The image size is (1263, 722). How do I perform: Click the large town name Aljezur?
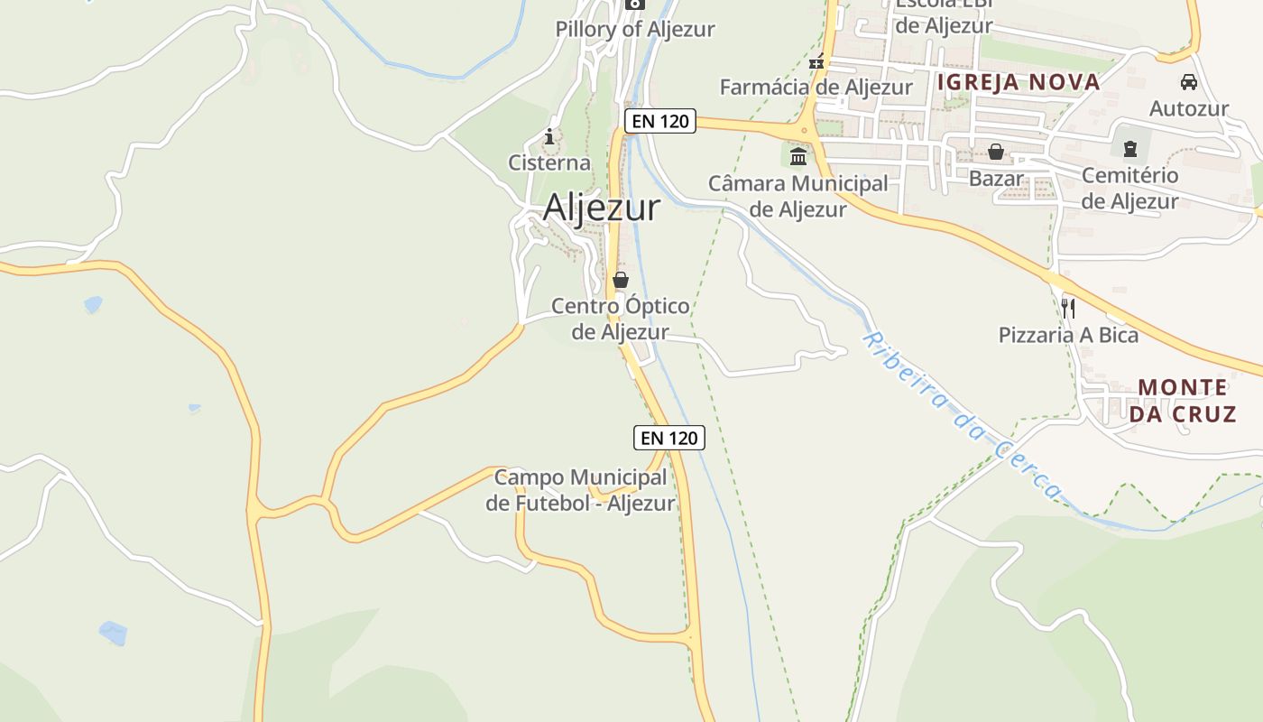pos(601,208)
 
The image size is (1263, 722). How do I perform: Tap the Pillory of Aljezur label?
pos(634,29)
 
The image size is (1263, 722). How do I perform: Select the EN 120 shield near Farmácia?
pos(660,121)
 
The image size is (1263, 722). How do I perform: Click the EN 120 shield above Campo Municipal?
pos(668,438)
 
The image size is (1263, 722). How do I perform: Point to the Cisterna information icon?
pos(549,137)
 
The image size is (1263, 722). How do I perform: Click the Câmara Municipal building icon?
pos(798,158)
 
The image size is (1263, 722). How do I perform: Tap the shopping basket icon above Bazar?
pos(996,152)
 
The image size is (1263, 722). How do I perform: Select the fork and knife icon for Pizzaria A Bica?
pos(1068,309)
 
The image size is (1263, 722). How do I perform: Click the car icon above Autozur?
pos(1189,82)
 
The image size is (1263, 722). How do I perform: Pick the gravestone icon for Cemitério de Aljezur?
pos(1129,149)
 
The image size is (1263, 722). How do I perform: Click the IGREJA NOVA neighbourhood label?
pos(1019,82)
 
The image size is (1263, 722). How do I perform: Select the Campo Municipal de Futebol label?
pos(580,490)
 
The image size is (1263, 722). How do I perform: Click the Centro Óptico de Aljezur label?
pos(621,319)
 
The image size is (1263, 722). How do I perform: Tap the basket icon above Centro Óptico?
pos(620,280)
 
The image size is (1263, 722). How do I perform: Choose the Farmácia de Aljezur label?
pos(816,87)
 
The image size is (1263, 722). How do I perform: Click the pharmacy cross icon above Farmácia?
pos(816,63)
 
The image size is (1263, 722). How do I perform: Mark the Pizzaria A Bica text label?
pos(1068,335)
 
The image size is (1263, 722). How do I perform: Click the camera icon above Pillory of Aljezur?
pos(635,4)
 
